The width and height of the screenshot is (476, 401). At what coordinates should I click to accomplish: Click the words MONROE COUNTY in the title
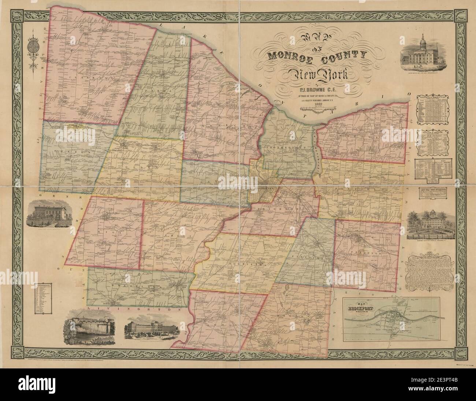317,56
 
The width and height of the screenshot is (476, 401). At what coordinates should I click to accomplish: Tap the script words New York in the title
317,75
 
